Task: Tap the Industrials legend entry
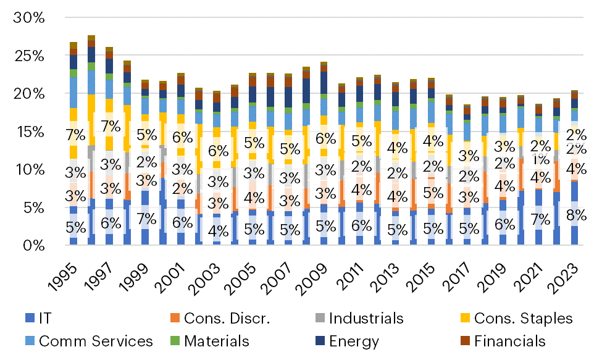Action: pos(366,319)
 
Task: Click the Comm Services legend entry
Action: pos(96,341)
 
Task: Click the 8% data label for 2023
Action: pos(575,216)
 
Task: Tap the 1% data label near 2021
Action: pos(541,159)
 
